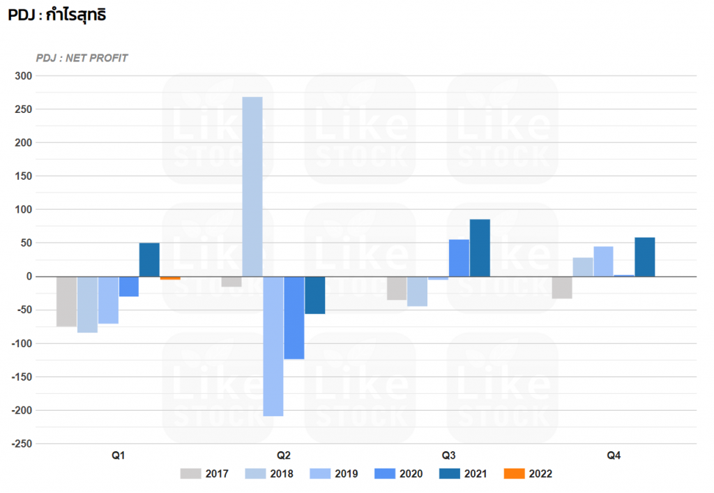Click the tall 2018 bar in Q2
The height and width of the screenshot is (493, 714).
point(252,186)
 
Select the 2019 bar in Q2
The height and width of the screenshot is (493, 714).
point(273,346)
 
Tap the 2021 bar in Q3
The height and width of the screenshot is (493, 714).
point(480,248)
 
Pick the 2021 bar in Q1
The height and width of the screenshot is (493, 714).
point(149,259)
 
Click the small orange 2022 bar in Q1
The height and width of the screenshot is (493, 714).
point(170,278)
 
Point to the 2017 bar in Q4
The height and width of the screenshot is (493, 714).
point(562,287)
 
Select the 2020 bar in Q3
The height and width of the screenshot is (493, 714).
point(459,257)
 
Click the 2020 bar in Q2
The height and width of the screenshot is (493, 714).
point(294,317)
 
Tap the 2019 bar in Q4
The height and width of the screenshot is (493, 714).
point(603,261)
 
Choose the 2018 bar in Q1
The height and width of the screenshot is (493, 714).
point(87,304)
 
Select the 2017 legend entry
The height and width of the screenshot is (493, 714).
point(206,474)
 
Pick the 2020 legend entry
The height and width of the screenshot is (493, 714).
point(400,474)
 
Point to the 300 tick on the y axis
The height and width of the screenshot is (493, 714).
point(24,75)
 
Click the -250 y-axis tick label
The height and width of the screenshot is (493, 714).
point(22,443)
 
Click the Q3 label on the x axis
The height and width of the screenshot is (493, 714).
point(449,456)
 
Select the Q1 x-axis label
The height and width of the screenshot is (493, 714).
point(119,456)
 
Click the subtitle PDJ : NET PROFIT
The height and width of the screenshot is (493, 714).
point(82,58)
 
